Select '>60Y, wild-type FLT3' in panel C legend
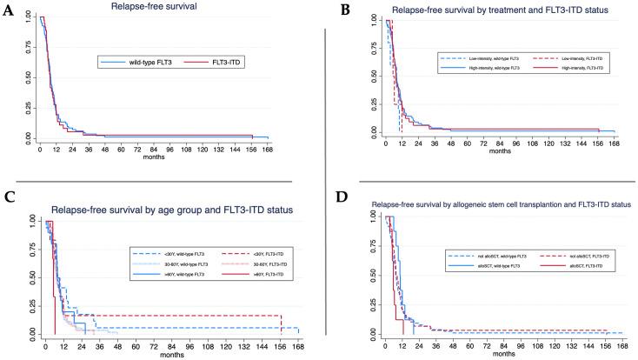tap(164, 274)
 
